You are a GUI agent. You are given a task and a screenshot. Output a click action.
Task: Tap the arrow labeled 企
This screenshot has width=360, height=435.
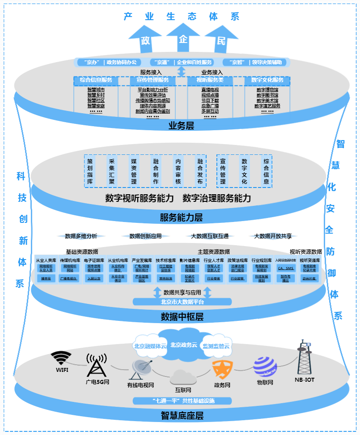[x=183, y=38]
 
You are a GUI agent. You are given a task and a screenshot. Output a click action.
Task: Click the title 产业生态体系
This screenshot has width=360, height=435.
[x=182, y=17]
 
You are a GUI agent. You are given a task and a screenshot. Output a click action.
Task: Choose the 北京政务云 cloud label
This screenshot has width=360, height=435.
[x=183, y=345]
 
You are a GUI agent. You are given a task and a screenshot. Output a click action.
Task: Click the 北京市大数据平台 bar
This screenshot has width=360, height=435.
[x=182, y=302]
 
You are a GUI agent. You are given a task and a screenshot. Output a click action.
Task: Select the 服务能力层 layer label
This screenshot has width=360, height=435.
[x=181, y=218]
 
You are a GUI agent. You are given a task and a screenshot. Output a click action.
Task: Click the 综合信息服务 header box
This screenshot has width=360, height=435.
[x=96, y=80]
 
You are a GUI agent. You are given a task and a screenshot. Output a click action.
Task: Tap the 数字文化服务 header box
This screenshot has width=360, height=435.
[x=267, y=80]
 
